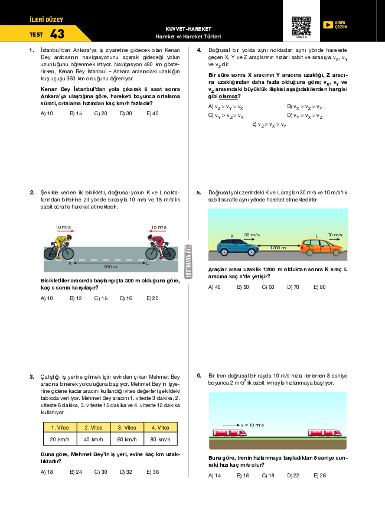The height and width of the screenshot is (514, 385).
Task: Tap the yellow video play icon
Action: click(328, 25)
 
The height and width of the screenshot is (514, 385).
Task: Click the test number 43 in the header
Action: click(57, 34)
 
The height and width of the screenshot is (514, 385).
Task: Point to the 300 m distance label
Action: click(110, 267)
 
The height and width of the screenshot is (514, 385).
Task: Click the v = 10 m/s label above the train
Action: click(252, 425)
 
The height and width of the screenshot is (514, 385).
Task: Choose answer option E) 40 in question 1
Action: click(152, 113)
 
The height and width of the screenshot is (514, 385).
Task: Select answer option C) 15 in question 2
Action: click(100, 298)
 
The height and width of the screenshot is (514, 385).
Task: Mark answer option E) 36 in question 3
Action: click(152, 472)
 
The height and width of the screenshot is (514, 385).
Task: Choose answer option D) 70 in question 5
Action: click(293, 287)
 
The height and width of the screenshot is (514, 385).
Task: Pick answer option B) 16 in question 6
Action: click(243, 476)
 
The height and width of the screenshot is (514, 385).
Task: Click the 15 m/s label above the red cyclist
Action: click(158, 227)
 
